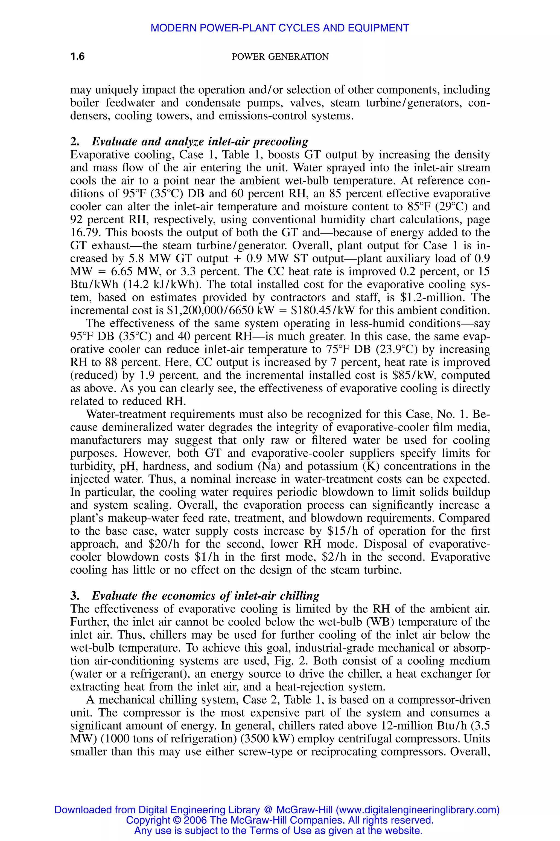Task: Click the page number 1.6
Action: pyautogui.click(x=77, y=56)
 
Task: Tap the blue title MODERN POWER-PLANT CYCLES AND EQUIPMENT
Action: pyautogui.click(x=280, y=28)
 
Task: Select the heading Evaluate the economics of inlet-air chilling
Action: pyautogui.click(x=205, y=596)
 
